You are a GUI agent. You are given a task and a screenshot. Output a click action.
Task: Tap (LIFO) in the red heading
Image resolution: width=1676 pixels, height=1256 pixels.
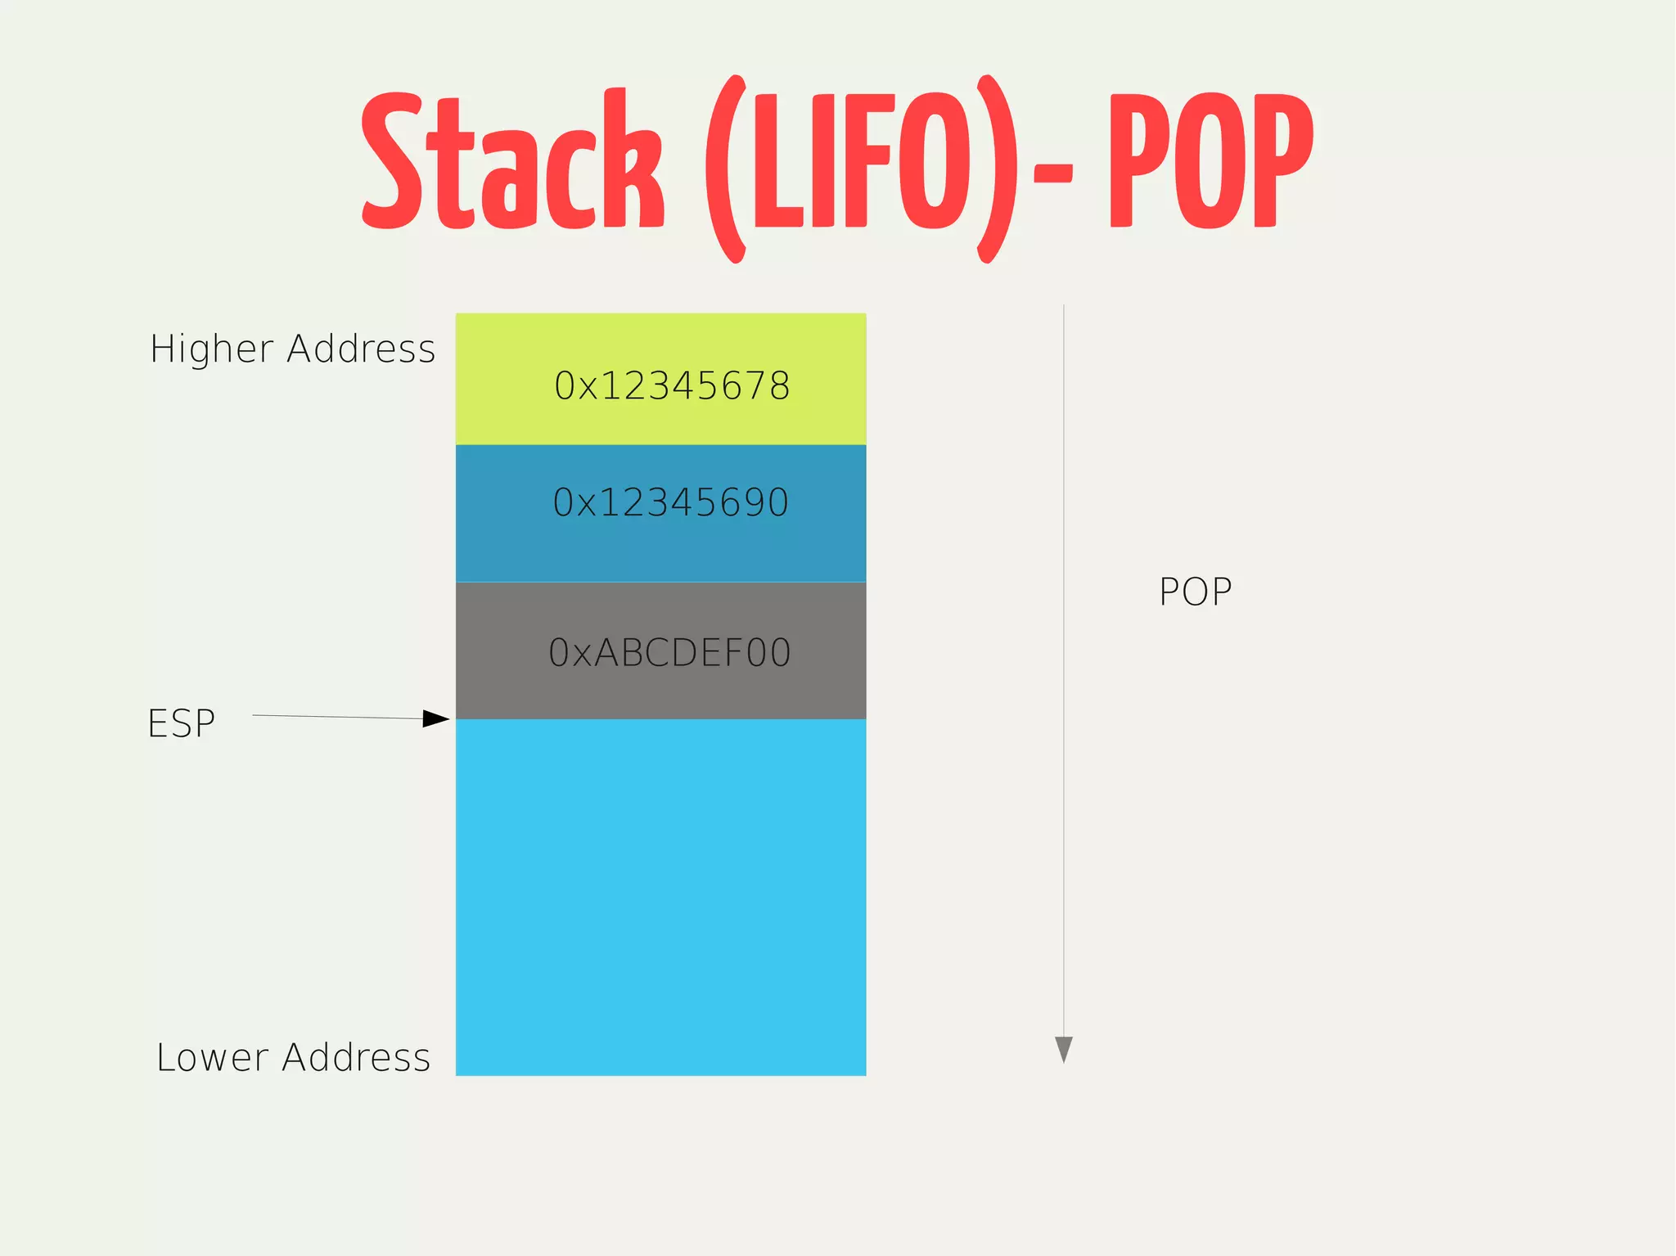coord(861,168)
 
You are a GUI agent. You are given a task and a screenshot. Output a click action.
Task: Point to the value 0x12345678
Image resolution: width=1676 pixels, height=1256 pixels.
coord(672,386)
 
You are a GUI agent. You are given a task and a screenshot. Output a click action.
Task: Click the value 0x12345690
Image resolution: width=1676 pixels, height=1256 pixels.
coord(670,502)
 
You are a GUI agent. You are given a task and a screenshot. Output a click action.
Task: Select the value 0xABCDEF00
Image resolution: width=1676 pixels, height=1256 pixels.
coord(669,653)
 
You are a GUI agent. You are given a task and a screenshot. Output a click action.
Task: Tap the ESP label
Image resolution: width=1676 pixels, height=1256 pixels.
coord(181,723)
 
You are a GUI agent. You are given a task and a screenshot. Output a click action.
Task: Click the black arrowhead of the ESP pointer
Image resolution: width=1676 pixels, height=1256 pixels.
coord(436,718)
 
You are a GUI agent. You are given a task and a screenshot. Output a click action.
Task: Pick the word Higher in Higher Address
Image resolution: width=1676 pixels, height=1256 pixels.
coord(211,349)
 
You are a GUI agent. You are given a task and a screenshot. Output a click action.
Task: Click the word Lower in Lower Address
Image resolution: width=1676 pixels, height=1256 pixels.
coord(212,1057)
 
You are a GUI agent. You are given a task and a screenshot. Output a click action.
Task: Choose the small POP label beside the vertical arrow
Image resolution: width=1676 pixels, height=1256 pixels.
coord(1195,592)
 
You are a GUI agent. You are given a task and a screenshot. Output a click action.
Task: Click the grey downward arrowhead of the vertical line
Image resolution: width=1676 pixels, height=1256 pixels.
coord(1063,1048)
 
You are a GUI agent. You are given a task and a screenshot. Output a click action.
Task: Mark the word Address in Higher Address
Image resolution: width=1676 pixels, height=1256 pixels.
coord(361,349)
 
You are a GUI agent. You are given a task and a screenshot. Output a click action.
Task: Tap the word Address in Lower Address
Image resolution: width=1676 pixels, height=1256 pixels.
coord(356,1057)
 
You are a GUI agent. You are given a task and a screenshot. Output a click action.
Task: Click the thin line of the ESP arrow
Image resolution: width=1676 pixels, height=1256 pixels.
coord(336,717)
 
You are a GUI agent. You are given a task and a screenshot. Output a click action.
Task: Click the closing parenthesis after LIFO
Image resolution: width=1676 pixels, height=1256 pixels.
coord(998,168)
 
